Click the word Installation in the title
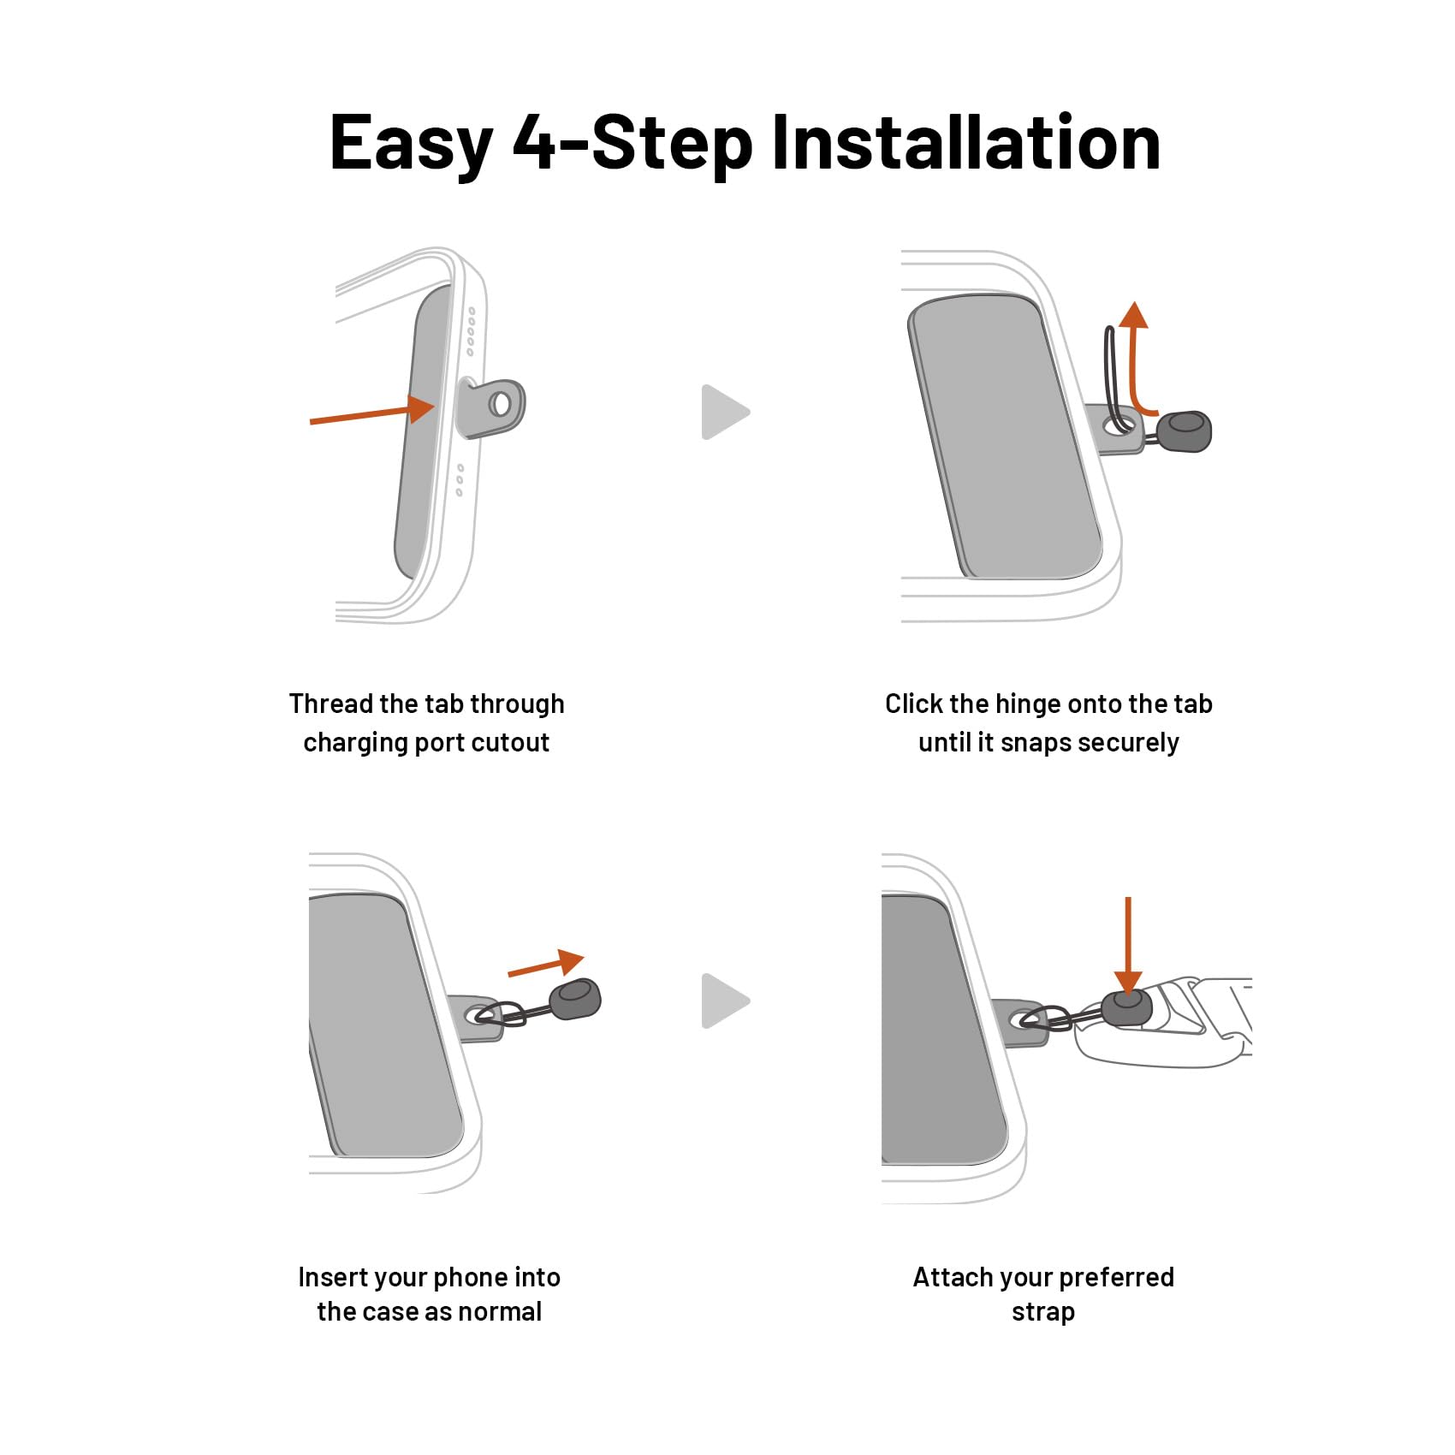pyautogui.click(x=965, y=142)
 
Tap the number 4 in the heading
pyautogui.click(x=535, y=142)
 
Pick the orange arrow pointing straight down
pyautogui.click(x=1128, y=946)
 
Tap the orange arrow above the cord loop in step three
pyautogui.click(x=546, y=965)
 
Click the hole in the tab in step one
pyautogui.click(x=500, y=404)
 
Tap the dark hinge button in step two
pyautogui.click(x=1185, y=431)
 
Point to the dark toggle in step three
pyautogui.click(x=574, y=999)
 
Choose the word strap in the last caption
pyautogui.click(x=1043, y=1312)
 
